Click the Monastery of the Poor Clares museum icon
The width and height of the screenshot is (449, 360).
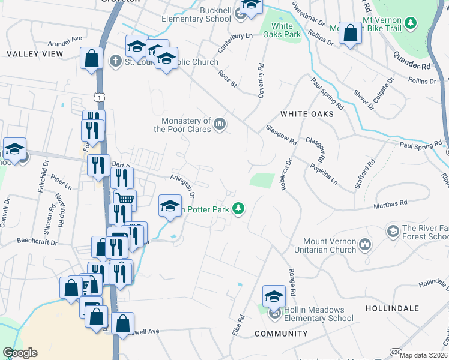tap(220, 124)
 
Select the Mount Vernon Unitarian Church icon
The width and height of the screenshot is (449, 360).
tap(365, 244)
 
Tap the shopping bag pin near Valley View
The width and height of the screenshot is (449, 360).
tap(92, 59)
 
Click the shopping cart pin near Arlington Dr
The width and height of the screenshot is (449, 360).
tap(125, 199)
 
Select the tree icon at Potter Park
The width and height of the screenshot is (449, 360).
tap(239, 208)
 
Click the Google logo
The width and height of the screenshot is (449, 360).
tap(20, 353)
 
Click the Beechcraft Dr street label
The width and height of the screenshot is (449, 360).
tap(37, 243)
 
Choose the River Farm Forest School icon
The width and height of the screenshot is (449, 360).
tap(393, 231)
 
